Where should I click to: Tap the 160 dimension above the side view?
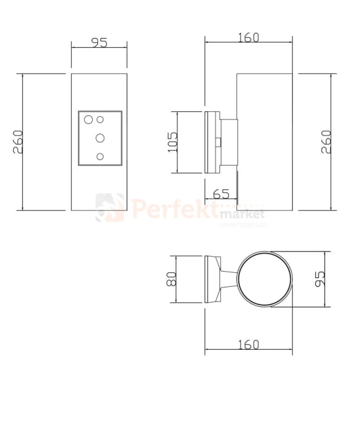[248, 38]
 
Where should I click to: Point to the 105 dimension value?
[172, 142]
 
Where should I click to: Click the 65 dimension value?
[221, 194]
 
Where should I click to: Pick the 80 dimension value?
[172, 278]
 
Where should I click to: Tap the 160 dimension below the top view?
[248, 344]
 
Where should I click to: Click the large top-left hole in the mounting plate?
[88, 119]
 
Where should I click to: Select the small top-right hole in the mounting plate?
[101, 119]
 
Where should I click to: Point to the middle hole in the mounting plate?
[100, 137]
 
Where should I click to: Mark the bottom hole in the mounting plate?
[100, 157]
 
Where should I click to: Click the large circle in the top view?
[264, 279]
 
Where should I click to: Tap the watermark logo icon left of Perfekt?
[110, 207]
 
